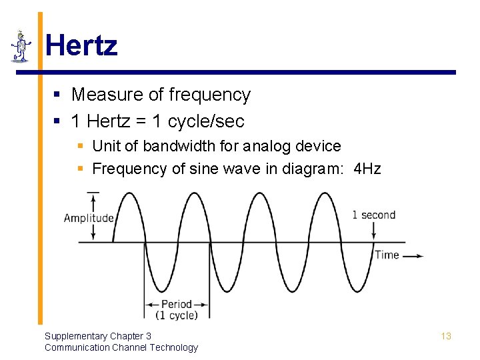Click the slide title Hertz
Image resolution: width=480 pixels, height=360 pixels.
coord(81,46)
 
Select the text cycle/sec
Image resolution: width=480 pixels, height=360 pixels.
coord(206,121)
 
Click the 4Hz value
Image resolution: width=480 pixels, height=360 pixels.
coord(367,169)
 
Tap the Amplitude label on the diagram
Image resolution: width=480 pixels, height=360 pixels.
coord(89,218)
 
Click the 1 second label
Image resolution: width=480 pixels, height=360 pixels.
coord(373,215)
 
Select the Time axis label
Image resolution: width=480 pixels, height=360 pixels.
coord(387,255)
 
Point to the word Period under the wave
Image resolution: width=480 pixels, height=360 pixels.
coord(176,304)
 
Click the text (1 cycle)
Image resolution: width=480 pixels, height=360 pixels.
coord(177,315)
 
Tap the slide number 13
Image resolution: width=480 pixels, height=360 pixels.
coord(446,336)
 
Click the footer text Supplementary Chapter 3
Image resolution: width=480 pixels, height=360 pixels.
coord(98,336)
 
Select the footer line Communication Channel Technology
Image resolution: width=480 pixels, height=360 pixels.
coord(121,347)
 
